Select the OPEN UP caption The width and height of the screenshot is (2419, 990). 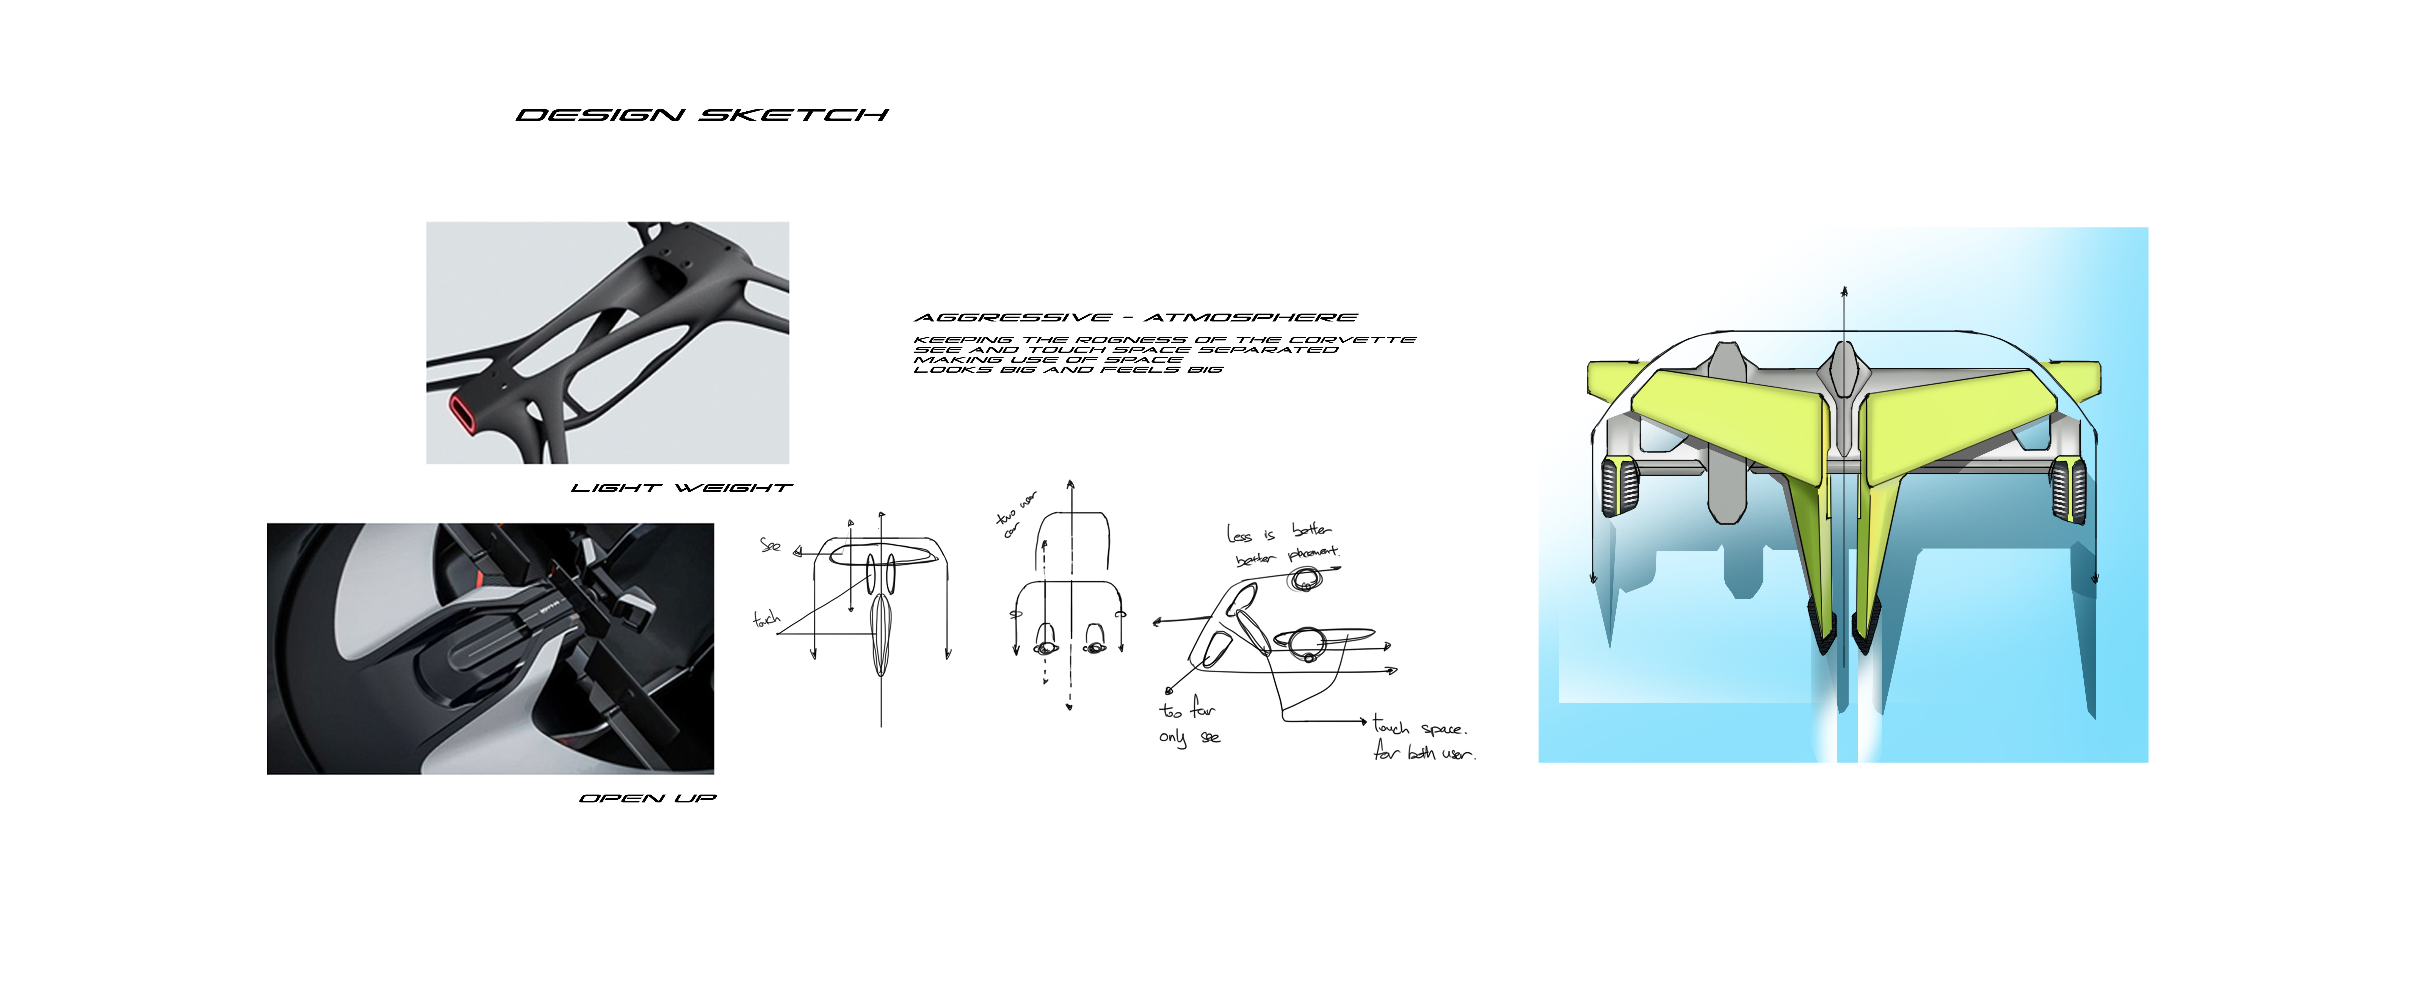[x=648, y=798]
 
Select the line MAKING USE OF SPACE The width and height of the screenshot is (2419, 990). [x=1048, y=360]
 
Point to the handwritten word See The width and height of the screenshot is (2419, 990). [x=770, y=545]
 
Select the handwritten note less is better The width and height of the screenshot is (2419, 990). [x=1278, y=533]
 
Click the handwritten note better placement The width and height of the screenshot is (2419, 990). [x=1286, y=556]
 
